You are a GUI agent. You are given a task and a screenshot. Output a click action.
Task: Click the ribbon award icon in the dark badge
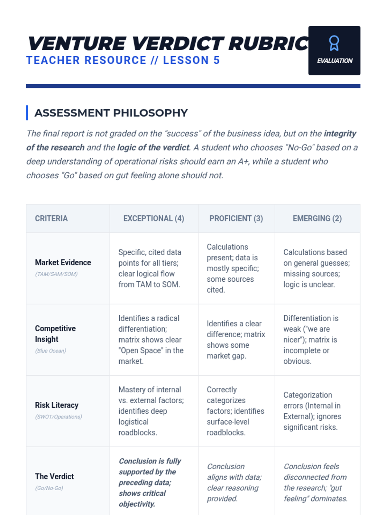334,43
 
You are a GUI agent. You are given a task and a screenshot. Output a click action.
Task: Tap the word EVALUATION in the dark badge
335,61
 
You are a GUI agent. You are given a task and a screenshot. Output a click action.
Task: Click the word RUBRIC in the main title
269,43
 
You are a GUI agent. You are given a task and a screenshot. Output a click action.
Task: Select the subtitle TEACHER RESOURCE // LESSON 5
123,60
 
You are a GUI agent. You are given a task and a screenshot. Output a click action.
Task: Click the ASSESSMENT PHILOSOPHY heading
111,113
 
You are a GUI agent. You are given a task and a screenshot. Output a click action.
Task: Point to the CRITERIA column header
51,219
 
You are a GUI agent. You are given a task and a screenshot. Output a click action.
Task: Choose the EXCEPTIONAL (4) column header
154,219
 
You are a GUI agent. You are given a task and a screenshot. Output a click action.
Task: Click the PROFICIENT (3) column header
236,219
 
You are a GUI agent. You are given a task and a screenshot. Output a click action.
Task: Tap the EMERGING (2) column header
317,219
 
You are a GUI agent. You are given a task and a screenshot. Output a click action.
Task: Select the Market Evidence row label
63,263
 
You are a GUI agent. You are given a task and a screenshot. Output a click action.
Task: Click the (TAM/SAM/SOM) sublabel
56,274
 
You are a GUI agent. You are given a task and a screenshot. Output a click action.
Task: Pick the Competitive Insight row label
55,334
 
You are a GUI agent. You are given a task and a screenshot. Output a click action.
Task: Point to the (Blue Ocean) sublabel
51,351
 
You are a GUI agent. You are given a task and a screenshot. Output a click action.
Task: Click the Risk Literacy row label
57,405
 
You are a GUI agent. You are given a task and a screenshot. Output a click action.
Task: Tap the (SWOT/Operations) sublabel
59,417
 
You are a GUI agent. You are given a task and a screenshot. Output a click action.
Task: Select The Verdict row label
54,476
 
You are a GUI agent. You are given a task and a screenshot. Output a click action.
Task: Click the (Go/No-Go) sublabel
49,488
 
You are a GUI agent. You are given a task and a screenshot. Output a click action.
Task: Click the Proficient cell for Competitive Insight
236,340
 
